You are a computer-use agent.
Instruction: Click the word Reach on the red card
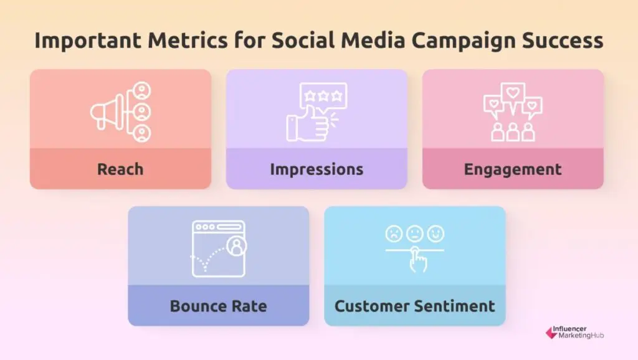pos(120,169)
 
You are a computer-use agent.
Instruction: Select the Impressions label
pos(317,169)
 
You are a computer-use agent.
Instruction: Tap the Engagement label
pos(513,169)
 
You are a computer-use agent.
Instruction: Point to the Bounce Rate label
pos(218,306)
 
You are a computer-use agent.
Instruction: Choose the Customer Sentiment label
pos(414,306)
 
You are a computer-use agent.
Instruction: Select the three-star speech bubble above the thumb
pos(323,97)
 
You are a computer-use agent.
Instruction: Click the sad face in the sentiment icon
pos(394,234)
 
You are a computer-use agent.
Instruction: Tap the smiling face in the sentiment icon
pos(436,234)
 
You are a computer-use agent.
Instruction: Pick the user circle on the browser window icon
pos(236,247)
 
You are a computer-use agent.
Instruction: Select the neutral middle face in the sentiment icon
pos(415,234)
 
